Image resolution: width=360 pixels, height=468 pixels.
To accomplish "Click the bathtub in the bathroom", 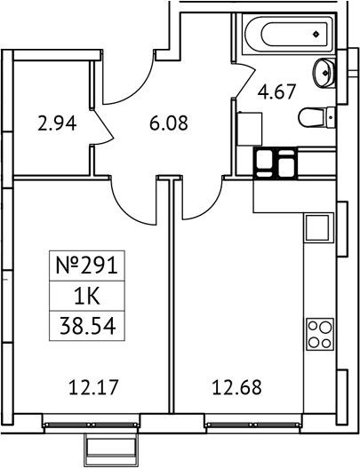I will click(x=285, y=34).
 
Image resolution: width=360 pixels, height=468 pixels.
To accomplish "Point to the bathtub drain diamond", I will click(x=317, y=34).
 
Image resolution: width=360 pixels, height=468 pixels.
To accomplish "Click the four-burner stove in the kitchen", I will click(x=318, y=336).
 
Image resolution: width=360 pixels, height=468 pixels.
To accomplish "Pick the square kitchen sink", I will click(x=317, y=228).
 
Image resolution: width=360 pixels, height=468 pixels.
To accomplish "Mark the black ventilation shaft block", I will click(x=276, y=163).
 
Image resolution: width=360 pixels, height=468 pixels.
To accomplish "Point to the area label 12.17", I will click(x=93, y=386).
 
